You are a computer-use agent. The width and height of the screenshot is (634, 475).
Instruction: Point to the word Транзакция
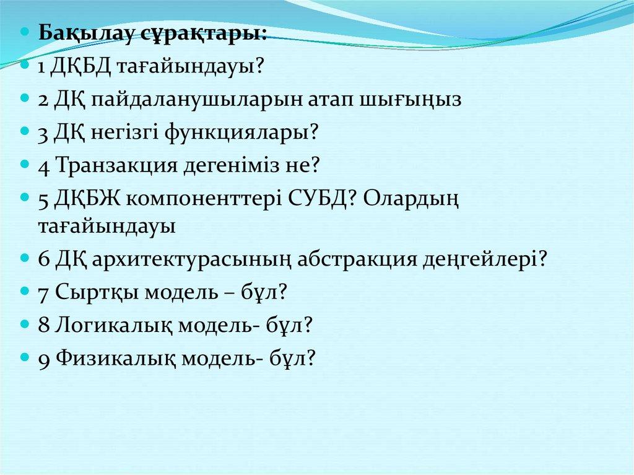(116, 166)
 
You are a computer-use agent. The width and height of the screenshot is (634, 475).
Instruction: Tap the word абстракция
(357, 259)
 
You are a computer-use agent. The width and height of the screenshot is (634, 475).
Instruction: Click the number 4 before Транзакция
(44, 167)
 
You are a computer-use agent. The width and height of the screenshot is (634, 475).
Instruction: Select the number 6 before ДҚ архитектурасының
(44, 259)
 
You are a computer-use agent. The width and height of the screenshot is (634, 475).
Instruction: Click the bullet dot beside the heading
(25, 31)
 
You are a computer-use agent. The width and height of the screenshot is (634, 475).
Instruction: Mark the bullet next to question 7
(25, 290)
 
